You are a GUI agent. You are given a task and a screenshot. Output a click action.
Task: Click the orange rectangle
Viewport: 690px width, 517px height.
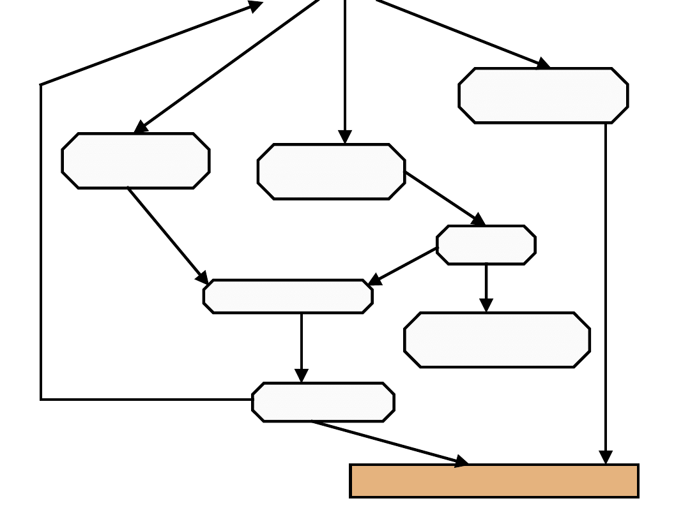pyautogui.click(x=494, y=481)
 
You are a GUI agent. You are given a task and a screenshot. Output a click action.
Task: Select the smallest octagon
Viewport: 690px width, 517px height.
pyautogui.click(x=486, y=244)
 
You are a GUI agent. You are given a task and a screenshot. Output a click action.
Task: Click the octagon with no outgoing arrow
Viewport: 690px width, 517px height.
pyautogui.click(x=496, y=340)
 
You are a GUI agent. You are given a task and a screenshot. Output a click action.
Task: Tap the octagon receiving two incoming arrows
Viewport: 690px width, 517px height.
pyautogui.click(x=287, y=296)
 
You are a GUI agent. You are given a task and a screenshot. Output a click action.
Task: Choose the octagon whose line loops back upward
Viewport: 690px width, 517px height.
pyautogui.click(x=323, y=402)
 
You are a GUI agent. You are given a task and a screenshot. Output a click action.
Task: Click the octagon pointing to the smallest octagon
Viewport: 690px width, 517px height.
pyautogui.click(x=331, y=172)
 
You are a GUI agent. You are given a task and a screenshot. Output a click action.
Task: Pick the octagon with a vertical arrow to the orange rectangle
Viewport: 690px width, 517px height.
pyautogui.click(x=543, y=95)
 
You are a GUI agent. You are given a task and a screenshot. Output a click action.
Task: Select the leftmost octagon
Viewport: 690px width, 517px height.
pyautogui.click(x=135, y=161)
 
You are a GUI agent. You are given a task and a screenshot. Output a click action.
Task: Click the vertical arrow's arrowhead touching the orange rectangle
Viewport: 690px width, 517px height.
pyautogui.click(x=606, y=458)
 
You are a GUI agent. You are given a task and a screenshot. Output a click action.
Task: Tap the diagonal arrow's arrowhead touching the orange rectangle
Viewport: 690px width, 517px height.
pyautogui.click(x=461, y=461)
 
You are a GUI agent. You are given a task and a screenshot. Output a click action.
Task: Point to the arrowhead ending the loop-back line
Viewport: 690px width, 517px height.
pyautogui.click(x=255, y=6)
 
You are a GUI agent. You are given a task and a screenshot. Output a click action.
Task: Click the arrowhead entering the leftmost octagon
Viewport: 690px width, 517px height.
pyautogui.click(x=141, y=128)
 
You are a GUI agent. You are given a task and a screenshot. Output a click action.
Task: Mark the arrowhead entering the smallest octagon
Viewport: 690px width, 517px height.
pyautogui.click(x=478, y=220)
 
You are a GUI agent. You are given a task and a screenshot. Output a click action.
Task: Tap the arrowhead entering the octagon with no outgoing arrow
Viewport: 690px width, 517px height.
pyautogui.click(x=486, y=306)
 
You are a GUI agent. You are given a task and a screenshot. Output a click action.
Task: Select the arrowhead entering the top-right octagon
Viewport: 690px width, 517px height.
pyautogui.click(x=542, y=64)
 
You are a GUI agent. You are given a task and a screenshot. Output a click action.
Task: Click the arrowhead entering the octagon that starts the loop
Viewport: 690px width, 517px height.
pyautogui.click(x=302, y=376)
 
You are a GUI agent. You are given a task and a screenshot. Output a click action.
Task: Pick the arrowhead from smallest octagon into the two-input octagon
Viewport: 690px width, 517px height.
pyautogui.click(x=375, y=280)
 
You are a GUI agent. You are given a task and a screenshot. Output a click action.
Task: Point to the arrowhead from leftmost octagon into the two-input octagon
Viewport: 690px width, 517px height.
pyautogui.click(x=202, y=278)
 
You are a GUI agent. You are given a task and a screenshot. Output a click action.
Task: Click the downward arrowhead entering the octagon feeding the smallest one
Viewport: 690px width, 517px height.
pyautogui.click(x=345, y=137)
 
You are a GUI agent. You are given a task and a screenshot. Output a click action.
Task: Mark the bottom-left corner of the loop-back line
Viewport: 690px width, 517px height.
pyautogui.click(x=41, y=400)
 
